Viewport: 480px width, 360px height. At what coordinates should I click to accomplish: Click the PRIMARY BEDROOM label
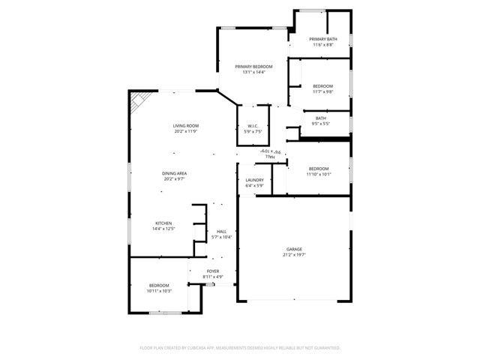point(253,67)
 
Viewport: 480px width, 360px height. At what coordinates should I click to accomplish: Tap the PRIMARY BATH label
point(322,39)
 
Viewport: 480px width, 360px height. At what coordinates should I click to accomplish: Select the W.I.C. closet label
point(253,126)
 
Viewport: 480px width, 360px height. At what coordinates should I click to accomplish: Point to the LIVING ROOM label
point(186,126)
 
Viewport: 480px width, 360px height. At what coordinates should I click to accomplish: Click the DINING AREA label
point(175,173)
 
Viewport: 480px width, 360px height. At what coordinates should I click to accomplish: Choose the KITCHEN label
point(163,223)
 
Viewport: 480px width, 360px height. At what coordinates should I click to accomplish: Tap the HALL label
point(222,231)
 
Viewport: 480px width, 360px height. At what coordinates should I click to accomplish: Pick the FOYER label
point(213,271)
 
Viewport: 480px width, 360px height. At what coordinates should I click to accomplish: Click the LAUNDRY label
point(254,180)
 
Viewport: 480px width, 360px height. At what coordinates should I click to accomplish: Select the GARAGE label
point(294,249)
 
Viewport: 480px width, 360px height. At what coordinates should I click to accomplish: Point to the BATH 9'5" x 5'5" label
point(321,118)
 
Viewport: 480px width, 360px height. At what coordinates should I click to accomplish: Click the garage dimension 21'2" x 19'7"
point(294,255)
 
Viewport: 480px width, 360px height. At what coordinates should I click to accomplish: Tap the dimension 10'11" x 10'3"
point(160,291)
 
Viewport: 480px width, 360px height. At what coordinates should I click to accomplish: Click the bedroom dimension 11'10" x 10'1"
point(319,175)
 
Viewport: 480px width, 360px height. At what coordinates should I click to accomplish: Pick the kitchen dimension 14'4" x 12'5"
point(163,229)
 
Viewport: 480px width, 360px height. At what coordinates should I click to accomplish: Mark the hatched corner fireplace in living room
point(137,103)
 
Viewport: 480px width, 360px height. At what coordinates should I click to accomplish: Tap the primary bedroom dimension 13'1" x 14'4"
point(253,73)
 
